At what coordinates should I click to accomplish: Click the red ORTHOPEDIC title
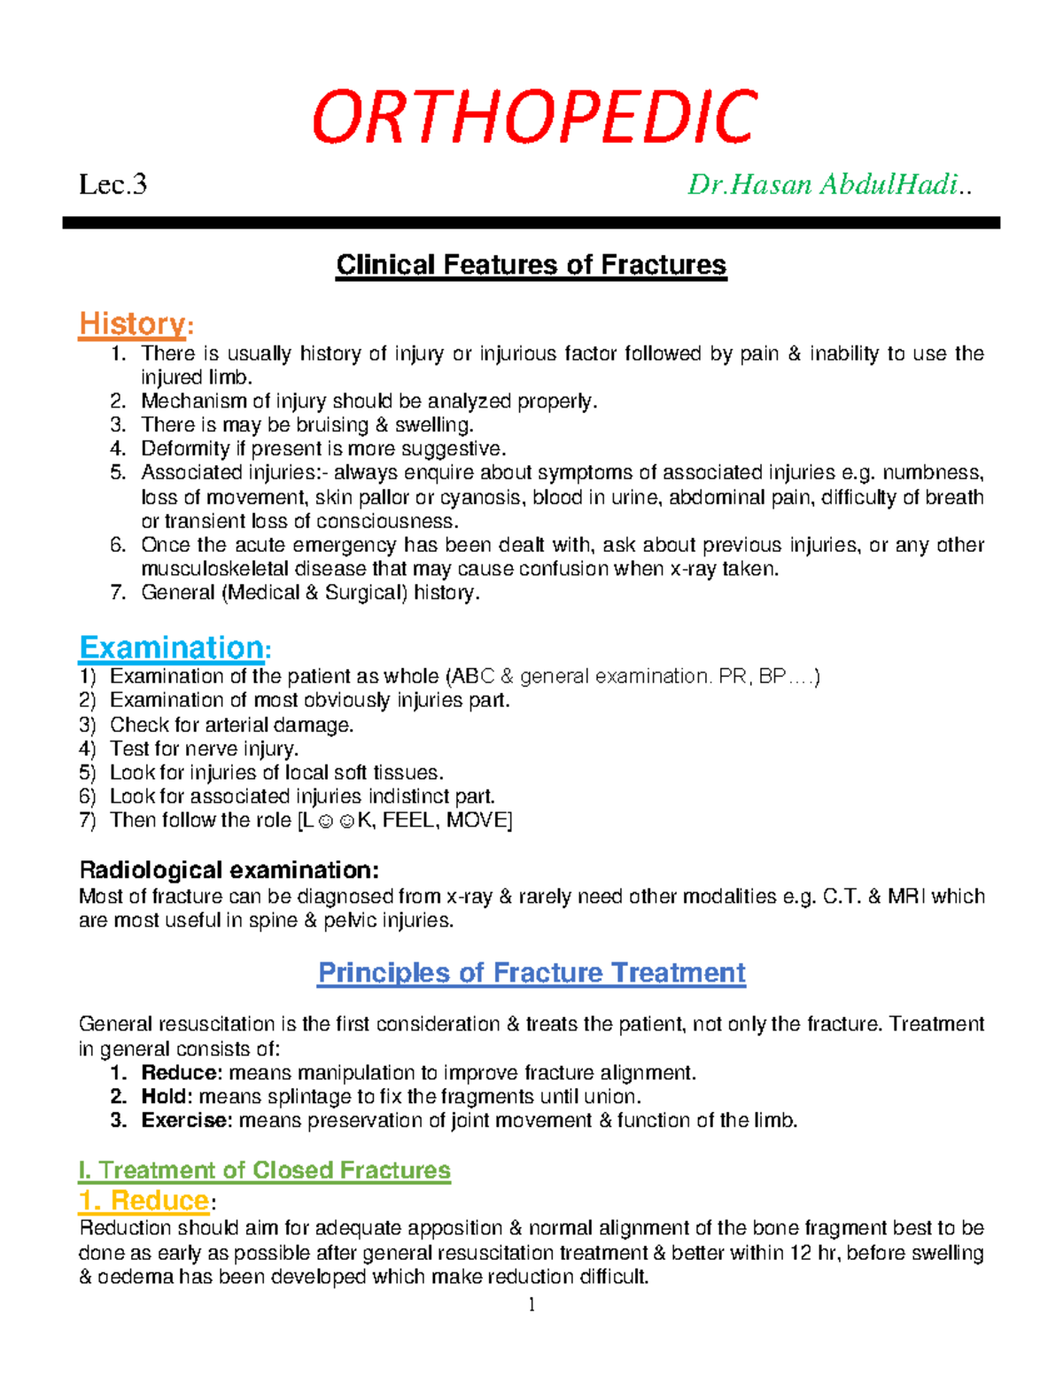[534, 118]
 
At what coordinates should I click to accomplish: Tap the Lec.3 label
[113, 185]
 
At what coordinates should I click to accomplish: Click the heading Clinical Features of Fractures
[531, 265]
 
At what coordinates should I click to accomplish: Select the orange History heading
[133, 324]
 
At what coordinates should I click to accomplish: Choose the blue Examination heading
[172, 648]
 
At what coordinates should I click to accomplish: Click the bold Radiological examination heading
[229, 869]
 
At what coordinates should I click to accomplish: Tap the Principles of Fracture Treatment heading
[531, 973]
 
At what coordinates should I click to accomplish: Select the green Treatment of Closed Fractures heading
[264, 1170]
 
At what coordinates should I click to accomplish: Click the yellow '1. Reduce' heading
[144, 1201]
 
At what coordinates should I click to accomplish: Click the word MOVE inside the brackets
[477, 820]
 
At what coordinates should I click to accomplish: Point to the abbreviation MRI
[906, 897]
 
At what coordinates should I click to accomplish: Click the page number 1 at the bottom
[531, 1304]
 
